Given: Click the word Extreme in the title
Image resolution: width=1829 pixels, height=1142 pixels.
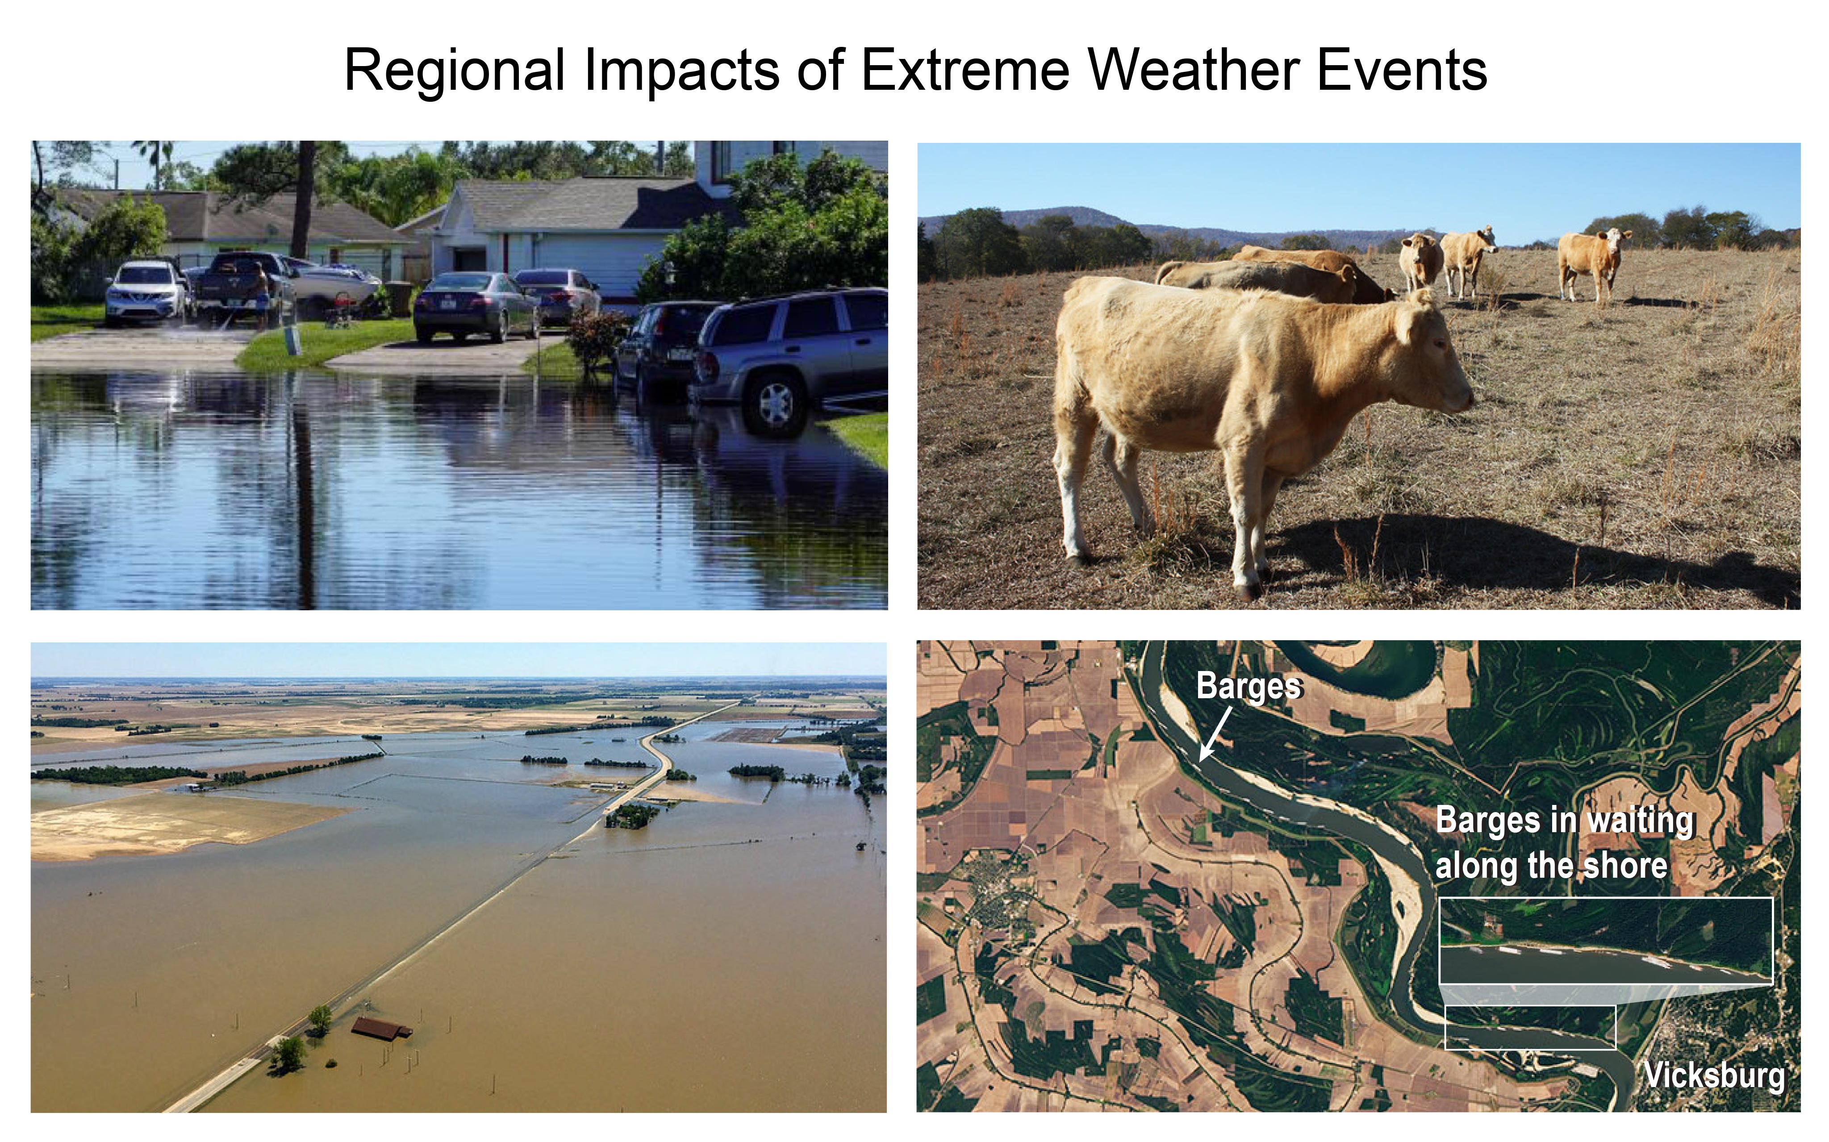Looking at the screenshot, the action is (x=965, y=70).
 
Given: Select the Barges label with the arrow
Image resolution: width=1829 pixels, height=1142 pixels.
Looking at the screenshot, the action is (x=1249, y=687).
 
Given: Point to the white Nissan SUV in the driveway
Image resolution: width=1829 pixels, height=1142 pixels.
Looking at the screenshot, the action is (x=146, y=292).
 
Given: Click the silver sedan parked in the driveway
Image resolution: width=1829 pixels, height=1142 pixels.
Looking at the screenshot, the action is (x=476, y=306).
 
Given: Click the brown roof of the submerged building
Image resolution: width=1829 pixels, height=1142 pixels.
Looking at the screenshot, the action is (x=381, y=1028).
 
